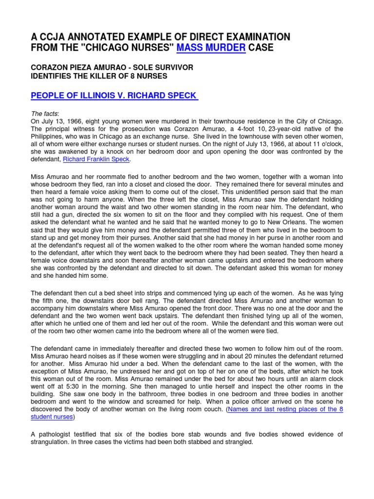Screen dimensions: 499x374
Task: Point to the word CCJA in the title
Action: [x=55, y=37]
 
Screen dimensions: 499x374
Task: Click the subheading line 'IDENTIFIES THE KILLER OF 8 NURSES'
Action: [x=99, y=76]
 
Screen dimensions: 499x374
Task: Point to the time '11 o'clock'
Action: [x=326, y=144]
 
